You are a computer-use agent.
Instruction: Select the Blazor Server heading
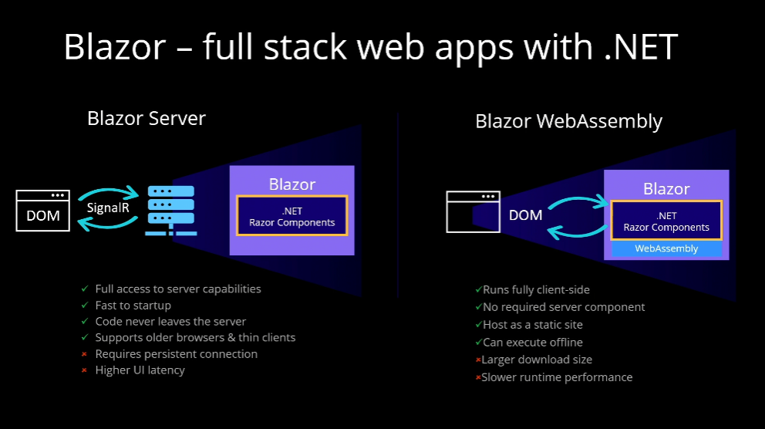tap(147, 118)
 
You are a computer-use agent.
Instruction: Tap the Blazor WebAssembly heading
tap(568, 121)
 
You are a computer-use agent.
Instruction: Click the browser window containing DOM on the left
tap(43, 211)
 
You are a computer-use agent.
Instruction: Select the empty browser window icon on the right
tap(473, 211)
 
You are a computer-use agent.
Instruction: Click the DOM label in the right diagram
tap(526, 214)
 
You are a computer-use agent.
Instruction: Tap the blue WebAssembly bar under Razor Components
tap(666, 248)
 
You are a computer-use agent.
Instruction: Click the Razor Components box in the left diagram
tap(292, 215)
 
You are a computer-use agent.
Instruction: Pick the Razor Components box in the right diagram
tap(666, 221)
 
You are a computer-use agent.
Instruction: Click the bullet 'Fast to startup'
tap(133, 306)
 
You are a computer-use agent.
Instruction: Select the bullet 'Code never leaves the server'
tap(170, 322)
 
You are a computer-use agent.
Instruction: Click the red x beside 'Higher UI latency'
tap(85, 370)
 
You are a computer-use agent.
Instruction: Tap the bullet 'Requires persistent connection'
tap(176, 354)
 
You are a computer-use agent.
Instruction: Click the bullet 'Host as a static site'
tap(533, 325)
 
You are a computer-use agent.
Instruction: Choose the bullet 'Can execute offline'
tap(533, 343)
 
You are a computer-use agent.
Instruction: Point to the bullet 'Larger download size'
tap(538, 360)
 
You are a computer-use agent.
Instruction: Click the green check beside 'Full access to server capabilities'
tap(85, 289)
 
